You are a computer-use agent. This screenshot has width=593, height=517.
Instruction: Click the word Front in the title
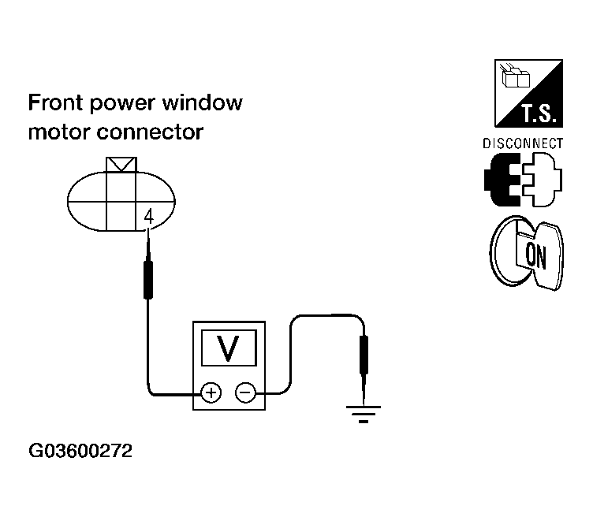click(x=55, y=102)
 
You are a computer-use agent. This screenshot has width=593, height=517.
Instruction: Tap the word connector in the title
click(x=150, y=132)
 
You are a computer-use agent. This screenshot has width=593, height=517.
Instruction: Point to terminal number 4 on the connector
click(x=149, y=217)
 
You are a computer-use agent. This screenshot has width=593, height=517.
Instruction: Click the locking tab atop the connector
click(x=121, y=165)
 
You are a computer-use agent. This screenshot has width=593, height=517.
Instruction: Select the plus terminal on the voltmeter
click(x=211, y=392)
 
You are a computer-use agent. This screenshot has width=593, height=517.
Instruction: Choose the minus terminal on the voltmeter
click(x=245, y=392)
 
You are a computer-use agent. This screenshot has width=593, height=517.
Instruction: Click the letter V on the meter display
click(x=229, y=348)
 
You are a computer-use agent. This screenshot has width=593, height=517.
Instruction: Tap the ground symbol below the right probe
click(x=364, y=415)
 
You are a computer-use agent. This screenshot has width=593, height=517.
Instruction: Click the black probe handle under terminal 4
click(x=148, y=280)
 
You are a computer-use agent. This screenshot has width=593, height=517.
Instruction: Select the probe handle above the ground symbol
click(x=364, y=355)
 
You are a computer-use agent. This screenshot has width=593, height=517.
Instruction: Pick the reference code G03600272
click(x=80, y=451)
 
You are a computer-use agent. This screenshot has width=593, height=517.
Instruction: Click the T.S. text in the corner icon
click(x=539, y=113)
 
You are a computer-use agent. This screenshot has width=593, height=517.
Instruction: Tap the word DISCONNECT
click(x=523, y=143)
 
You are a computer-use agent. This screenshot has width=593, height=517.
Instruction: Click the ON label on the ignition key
click(x=535, y=256)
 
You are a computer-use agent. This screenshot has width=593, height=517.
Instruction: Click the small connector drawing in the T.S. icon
click(x=515, y=76)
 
